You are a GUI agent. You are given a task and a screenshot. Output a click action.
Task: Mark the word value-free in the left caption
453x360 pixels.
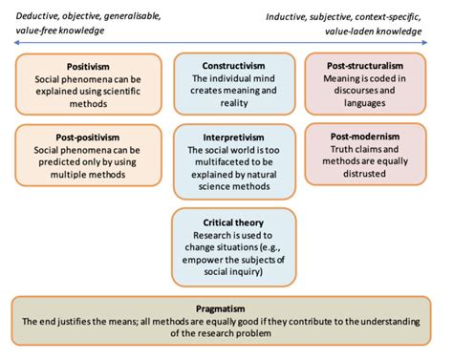[x=35, y=29]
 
